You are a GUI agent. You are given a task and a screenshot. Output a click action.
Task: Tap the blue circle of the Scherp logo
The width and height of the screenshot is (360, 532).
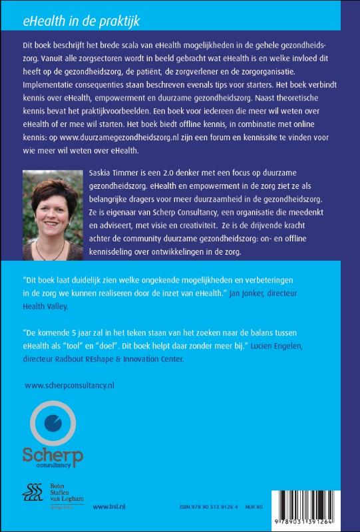51,423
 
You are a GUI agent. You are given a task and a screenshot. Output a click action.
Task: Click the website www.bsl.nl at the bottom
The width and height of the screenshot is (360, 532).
106,507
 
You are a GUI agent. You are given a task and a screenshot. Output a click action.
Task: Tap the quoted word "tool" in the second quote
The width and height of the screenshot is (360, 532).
106,347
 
